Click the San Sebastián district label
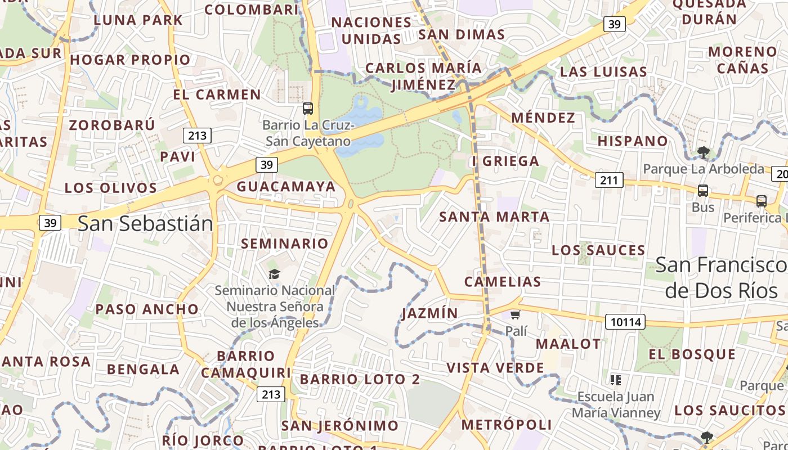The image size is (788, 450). [x=145, y=223]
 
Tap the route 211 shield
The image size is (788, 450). [x=609, y=180]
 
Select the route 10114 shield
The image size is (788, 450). [x=625, y=322]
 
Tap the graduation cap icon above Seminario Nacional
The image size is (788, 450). [x=274, y=274]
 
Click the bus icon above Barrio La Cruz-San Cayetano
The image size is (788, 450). [x=307, y=108]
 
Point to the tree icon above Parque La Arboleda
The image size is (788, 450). [x=702, y=151]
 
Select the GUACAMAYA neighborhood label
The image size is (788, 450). [x=286, y=186]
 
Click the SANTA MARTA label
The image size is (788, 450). [x=494, y=217]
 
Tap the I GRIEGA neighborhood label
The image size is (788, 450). [x=505, y=161]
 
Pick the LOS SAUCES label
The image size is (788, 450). [x=598, y=250]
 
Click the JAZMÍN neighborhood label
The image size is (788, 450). [x=430, y=313]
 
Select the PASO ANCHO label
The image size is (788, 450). [x=147, y=309]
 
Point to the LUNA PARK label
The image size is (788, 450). [x=138, y=20]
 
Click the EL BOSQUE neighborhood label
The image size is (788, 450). [x=692, y=354]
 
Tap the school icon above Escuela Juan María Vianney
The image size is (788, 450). [x=616, y=380]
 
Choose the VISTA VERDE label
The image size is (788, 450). [x=495, y=368]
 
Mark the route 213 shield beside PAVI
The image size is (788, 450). [x=197, y=135]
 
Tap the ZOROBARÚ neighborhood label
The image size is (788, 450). [x=111, y=124]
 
